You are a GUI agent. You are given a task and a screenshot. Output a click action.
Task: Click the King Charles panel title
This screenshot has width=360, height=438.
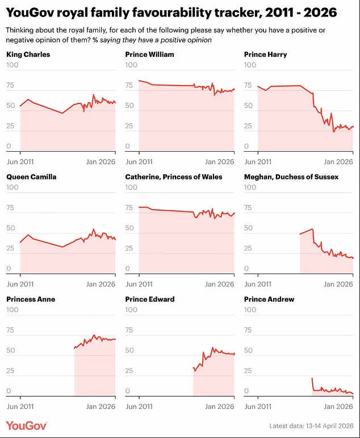[x=28, y=55]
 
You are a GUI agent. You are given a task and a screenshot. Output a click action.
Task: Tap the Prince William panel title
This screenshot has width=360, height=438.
[x=149, y=55]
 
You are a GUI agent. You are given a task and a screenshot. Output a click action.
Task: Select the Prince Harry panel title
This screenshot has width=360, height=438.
[x=265, y=55]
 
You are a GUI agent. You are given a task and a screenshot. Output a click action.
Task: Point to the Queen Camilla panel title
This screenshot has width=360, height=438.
[x=31, y=177]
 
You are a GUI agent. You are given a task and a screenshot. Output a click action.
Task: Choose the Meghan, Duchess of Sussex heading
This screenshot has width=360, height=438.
[x=291, y=177]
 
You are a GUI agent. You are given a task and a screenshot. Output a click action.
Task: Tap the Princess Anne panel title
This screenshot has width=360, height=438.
[x=31, y=299]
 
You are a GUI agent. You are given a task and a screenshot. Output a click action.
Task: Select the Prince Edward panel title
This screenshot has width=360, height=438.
[x=149, y=299]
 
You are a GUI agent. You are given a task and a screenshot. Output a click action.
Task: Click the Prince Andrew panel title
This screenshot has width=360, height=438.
[x=269, y=299]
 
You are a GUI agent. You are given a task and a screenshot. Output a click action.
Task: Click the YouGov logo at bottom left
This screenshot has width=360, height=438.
[x=26, y=426]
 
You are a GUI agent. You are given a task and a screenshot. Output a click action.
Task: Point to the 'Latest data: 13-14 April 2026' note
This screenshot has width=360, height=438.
[x=311, y=426]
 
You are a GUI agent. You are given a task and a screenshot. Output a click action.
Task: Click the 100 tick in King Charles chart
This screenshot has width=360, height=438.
[x=12, y=65]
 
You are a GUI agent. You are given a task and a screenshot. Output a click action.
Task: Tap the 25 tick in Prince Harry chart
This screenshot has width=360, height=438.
[x=248, y=126]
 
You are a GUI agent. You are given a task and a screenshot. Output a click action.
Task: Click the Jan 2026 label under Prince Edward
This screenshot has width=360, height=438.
[x=219, y=406]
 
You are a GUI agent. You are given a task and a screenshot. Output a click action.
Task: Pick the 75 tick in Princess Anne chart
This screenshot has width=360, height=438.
[x=10, y=329]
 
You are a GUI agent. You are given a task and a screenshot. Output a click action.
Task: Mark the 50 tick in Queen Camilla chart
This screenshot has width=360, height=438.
[x=10, y=228]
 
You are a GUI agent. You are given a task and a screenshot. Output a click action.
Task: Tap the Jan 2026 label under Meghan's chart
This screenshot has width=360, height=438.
[x=338, y=284]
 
